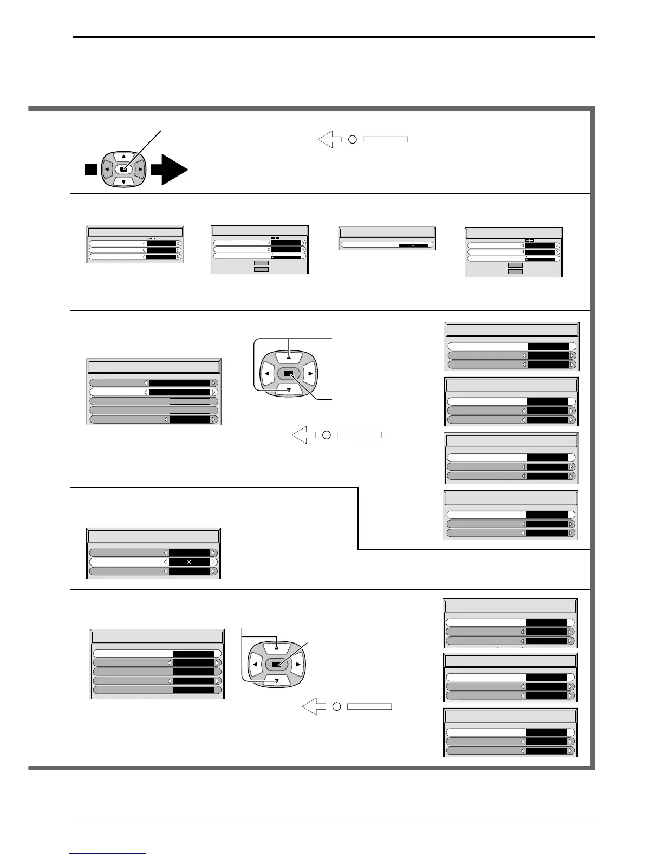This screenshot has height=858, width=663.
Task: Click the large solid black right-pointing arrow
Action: [x=170, y=170]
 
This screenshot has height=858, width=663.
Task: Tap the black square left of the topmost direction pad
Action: [x=90, y=170]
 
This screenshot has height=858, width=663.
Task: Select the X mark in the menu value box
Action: [x=189, y=562]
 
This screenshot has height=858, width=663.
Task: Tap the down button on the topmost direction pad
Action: [x=123, y=182]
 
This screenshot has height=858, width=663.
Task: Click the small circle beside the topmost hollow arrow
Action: [x=352, y=140]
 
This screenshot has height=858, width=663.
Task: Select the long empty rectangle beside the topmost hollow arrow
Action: [x=385, y=140]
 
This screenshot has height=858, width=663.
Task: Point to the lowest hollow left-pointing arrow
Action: [x=312, y=706]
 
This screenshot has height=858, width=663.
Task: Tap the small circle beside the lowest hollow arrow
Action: [x=336, y=706]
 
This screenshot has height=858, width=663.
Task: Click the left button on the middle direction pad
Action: [x=267, y=373]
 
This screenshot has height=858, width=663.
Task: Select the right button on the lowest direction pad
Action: [x=297, y=664]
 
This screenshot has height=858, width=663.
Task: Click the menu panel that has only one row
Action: [x=387, y=239]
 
